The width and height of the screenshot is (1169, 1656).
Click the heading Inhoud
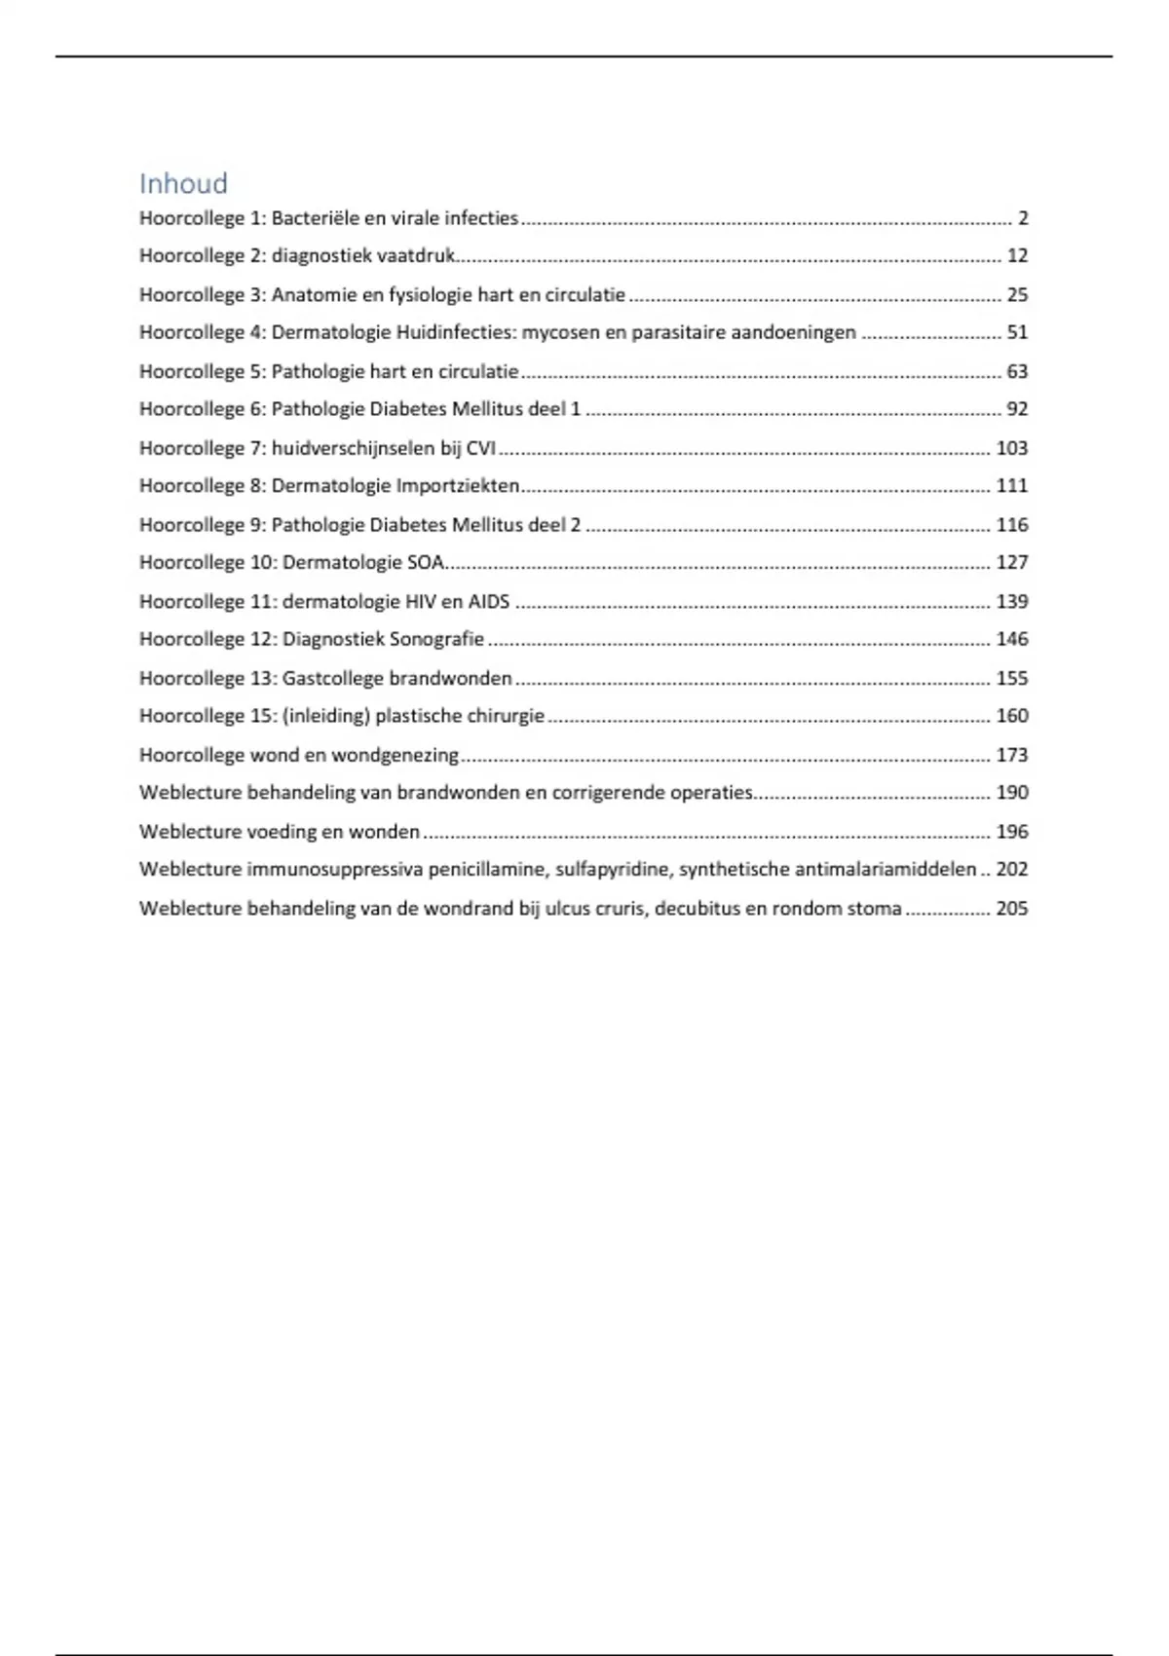[183, 183]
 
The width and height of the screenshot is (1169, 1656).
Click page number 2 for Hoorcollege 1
[1023, 218]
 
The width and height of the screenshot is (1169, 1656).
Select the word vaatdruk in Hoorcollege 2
[416, 256]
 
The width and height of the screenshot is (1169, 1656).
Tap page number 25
[1017, 294]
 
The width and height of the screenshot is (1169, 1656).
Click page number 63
[1017, 371]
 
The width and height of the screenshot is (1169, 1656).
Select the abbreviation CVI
[480, 448]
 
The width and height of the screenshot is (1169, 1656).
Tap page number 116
[1012, 525]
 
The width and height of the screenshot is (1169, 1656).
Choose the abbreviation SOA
[425, 562]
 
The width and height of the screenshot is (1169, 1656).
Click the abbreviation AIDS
[489, 601]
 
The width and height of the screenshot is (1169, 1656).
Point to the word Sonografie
[436, 639]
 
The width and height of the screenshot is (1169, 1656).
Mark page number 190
[1012, 792]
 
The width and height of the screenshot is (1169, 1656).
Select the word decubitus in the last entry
[697, 908]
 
